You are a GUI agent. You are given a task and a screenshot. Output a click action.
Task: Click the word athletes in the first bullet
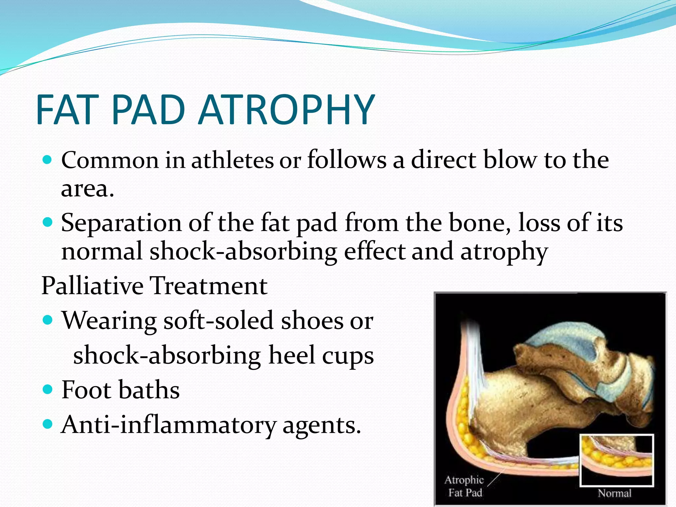[x=232, y=160]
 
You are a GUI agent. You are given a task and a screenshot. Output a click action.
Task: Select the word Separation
[x=121, y=223]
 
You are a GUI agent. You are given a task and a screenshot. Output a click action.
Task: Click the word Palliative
[x=92, y=286]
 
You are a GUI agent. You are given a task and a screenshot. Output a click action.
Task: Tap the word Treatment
[x=209, y=286]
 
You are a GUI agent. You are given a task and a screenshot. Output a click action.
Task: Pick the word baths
[x=149, y=390]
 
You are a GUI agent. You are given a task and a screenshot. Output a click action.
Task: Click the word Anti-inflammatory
[x=169, y=425]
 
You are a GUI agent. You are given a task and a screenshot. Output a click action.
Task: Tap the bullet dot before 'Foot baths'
[x=48, y=389]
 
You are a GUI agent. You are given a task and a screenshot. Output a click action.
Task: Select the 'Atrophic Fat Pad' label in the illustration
[x=464, y=486]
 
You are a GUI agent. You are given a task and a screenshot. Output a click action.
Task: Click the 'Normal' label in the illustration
[x=614, y=493]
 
